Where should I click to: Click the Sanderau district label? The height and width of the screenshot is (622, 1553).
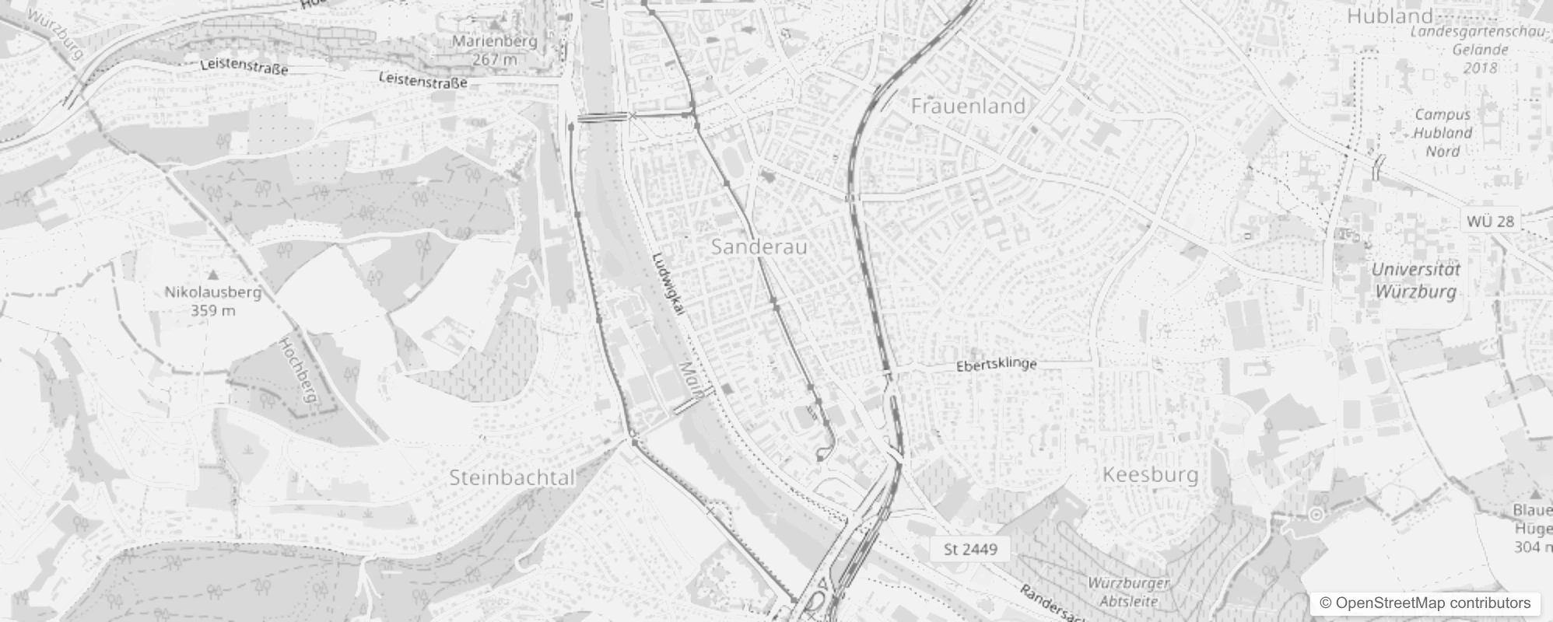pyautogui.click(x=759, y=247)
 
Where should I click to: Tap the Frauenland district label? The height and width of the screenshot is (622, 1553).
pyautogui.click(x=968, y=106)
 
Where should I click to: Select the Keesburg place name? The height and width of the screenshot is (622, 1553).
pyautogui.click(x=1150, y=474)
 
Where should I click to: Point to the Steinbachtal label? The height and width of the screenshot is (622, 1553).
pyautogui.click(x=512, y=477)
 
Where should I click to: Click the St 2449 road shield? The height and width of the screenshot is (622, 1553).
pyautogui.click(x=970, y=550)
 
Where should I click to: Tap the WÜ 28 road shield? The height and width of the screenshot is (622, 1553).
pyautogui.click(x=1490, y=221)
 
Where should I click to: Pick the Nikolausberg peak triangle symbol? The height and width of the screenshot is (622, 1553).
pyautogui.click(x=213, y=274)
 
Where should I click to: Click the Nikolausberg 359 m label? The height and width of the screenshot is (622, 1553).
pyautogui.click(x=213, y=301)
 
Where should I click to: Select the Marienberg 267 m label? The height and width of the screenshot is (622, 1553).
pyautogui.click(x=495, y=50)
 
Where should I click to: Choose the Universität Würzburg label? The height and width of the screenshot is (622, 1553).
pyautogui.click(x=1415, y=281)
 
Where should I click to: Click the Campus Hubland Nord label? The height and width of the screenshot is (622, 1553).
pyautogui.click(x=1443, y=132)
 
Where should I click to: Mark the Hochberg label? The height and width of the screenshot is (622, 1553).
pyautogui.click(x=299, y=371)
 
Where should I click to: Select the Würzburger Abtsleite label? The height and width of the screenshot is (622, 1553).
pyautogui.click(x=1128, y=592)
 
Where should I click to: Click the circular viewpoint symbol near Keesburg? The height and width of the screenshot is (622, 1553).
pyautogui.click(x=1316, y=514)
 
